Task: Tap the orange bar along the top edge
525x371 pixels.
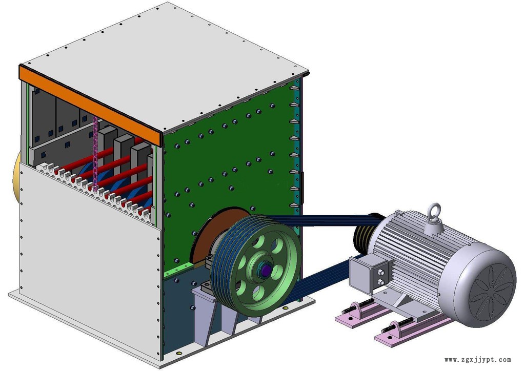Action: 90,105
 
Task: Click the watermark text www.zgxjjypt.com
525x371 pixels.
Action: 478,360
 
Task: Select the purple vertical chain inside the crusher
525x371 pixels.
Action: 95,154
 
